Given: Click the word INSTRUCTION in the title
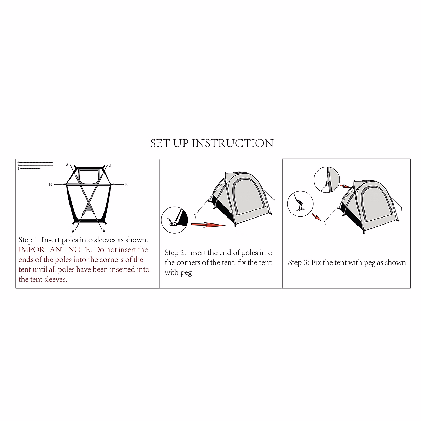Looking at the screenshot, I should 232,143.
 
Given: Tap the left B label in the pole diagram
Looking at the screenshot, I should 51,185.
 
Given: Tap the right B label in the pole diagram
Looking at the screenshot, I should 127,185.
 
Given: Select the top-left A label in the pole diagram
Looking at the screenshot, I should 67,165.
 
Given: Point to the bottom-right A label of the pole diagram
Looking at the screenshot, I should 104,231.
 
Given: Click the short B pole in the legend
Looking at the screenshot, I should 29,169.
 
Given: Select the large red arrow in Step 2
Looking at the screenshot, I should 209,224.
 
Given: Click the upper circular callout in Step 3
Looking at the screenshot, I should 327,179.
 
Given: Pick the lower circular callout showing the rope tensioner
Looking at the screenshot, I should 300,203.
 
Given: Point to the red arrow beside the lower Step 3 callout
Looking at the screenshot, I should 316,218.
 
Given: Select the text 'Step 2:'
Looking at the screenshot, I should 175,253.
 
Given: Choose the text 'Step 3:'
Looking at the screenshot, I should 299,262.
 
